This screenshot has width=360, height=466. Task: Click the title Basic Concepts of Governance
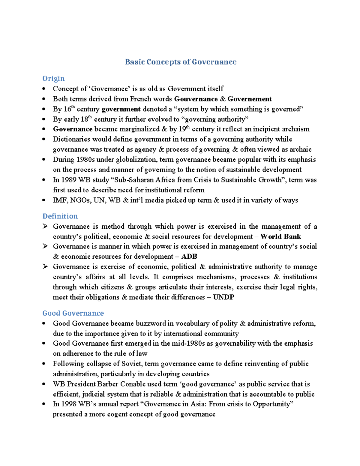coord(181,62)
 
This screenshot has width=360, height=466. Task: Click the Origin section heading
coord(53,78)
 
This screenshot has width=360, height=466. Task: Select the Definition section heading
coord(60,216)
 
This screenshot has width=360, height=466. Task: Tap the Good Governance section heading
coord(73,313)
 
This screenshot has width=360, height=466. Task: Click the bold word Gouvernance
coord(196,99)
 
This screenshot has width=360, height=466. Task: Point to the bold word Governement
coord(250,99)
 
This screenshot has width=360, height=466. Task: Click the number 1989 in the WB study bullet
coord(69,180)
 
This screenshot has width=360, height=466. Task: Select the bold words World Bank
coord(280,236)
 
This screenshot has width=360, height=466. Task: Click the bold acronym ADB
coord(189,257)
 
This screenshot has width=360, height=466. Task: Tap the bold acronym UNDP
coord(223,297)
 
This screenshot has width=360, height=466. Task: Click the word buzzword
coord(151,323)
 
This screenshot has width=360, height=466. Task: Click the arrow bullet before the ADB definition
coord(45,246)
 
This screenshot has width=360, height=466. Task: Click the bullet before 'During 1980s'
coord(44,160)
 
